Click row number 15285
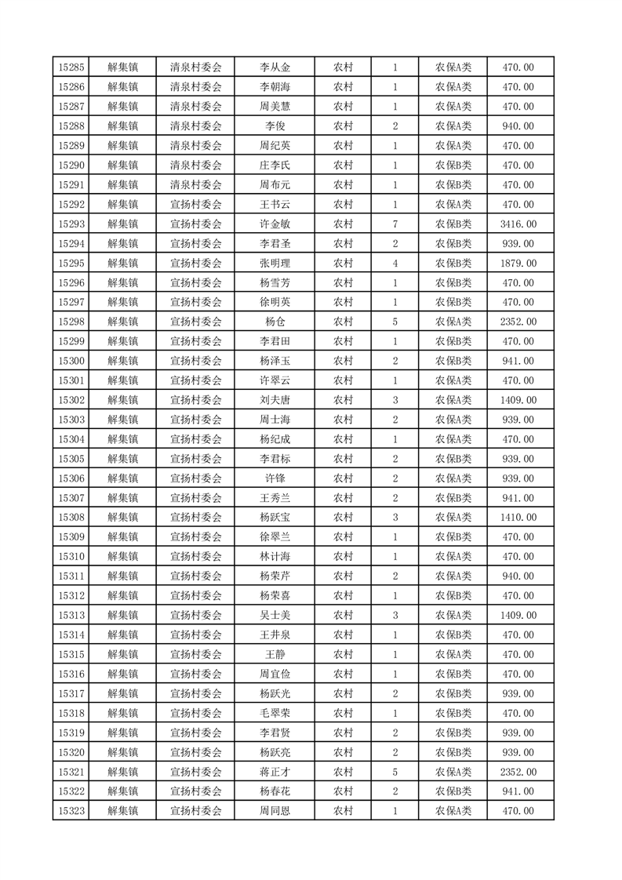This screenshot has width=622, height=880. pyautogui.click(x=71, y=67)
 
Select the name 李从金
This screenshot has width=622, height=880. pyautogui.click(x=275, y=67)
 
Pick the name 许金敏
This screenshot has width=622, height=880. pyautogui.click(x=275, y=224)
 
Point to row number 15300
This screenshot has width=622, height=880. pyautogui.click(x=71, y=361)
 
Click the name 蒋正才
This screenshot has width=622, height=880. pyautogui.click(x=275, y=773)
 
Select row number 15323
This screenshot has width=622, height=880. pyautogui.click(x=71, y=811)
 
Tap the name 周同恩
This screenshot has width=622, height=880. pyautogui.click(x=275, y=811)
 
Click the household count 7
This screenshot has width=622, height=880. pyautogui.click(x=395, y=224)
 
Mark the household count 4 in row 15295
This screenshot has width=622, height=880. pyautogui.click(x=395, y=264)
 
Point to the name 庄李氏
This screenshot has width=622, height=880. pyautogui.click(x=275, y=165)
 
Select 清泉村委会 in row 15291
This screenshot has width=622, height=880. pyautogui.click(x=196, y=185)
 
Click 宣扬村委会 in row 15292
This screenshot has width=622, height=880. pyautogui.click(x=196, y=205)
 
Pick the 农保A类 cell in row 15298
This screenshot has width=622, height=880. pyautogui.click(x=453, y=322)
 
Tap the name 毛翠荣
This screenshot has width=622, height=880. pyautogui.click(x=275, y=714)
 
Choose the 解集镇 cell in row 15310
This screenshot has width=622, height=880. pyautogui.click(x=123, y=557)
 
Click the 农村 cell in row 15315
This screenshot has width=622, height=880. pyautogui.click(x=343, y=655)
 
